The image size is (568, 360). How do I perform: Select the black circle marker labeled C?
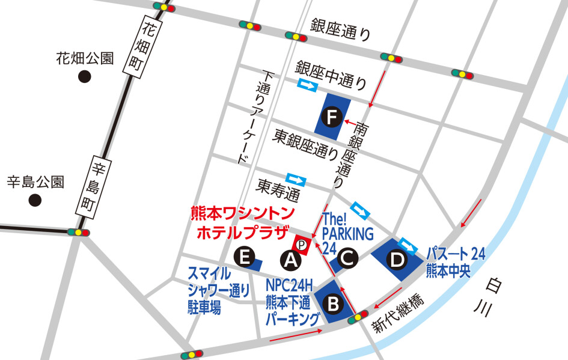pyautogui.click(x=347, y=259)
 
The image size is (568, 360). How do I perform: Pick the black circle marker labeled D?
pyautogui.click(x=397, y=260)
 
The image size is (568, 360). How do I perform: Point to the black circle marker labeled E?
pyautogui.click(x=244, y=257)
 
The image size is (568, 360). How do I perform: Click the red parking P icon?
pyautogui.click(x=302, y=245)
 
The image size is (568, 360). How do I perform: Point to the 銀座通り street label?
pyautogui.click(x=341, y=29)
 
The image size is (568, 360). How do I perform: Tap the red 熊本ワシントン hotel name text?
pyautogui.click(x=242, y=213)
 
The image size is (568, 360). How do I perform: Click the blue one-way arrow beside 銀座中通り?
pyautogui.click(x=307, y=87)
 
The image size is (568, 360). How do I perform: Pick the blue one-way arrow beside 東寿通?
pyautogui.click(x=296, y=180)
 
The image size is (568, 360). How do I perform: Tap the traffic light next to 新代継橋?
pyautogui.click(x=359, y=316)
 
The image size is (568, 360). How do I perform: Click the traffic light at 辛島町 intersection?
pyautogui.click(x=78, y=233)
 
